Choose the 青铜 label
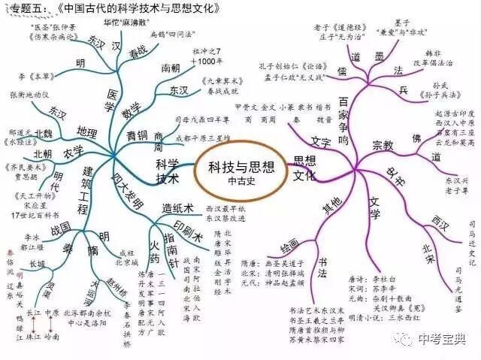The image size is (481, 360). pos(138,136)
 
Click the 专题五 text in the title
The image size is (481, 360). pos(24,9)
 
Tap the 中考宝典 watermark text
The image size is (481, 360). pos(444,339)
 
